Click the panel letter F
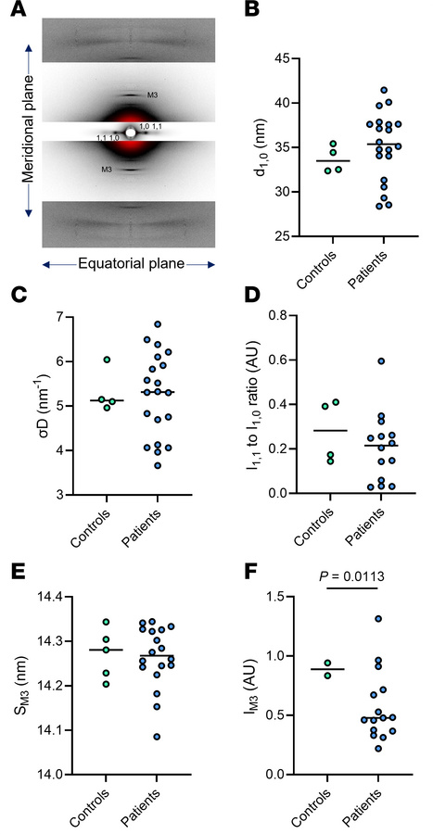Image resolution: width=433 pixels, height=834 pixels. (235, 569)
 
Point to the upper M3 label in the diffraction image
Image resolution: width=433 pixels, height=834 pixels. (153, 95)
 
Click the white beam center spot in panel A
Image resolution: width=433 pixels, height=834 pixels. (130, 133)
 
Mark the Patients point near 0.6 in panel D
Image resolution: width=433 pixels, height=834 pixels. (380, 360)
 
